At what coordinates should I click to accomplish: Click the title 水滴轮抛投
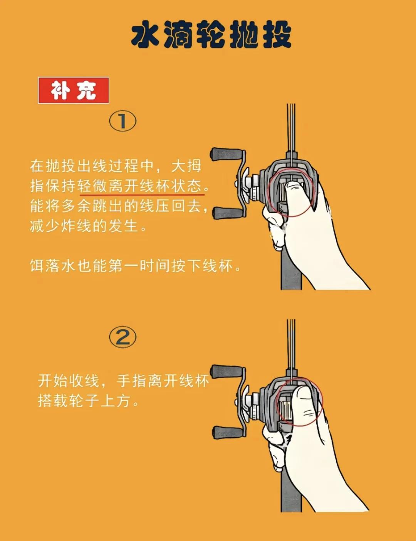(x=211, y=35)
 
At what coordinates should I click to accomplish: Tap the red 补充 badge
(x=73, y=91)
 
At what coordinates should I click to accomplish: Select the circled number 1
(x=123, y=121)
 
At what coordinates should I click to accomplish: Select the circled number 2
(x=123, y=337)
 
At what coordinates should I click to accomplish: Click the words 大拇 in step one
(x=186, y=166)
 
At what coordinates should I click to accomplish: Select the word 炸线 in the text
(x=76, y=226)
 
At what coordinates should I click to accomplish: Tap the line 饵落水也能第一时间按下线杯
(x=135, y=266)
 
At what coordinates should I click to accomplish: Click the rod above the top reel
(x=291, y=127)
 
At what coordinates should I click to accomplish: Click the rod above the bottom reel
(x=291, y=343)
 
